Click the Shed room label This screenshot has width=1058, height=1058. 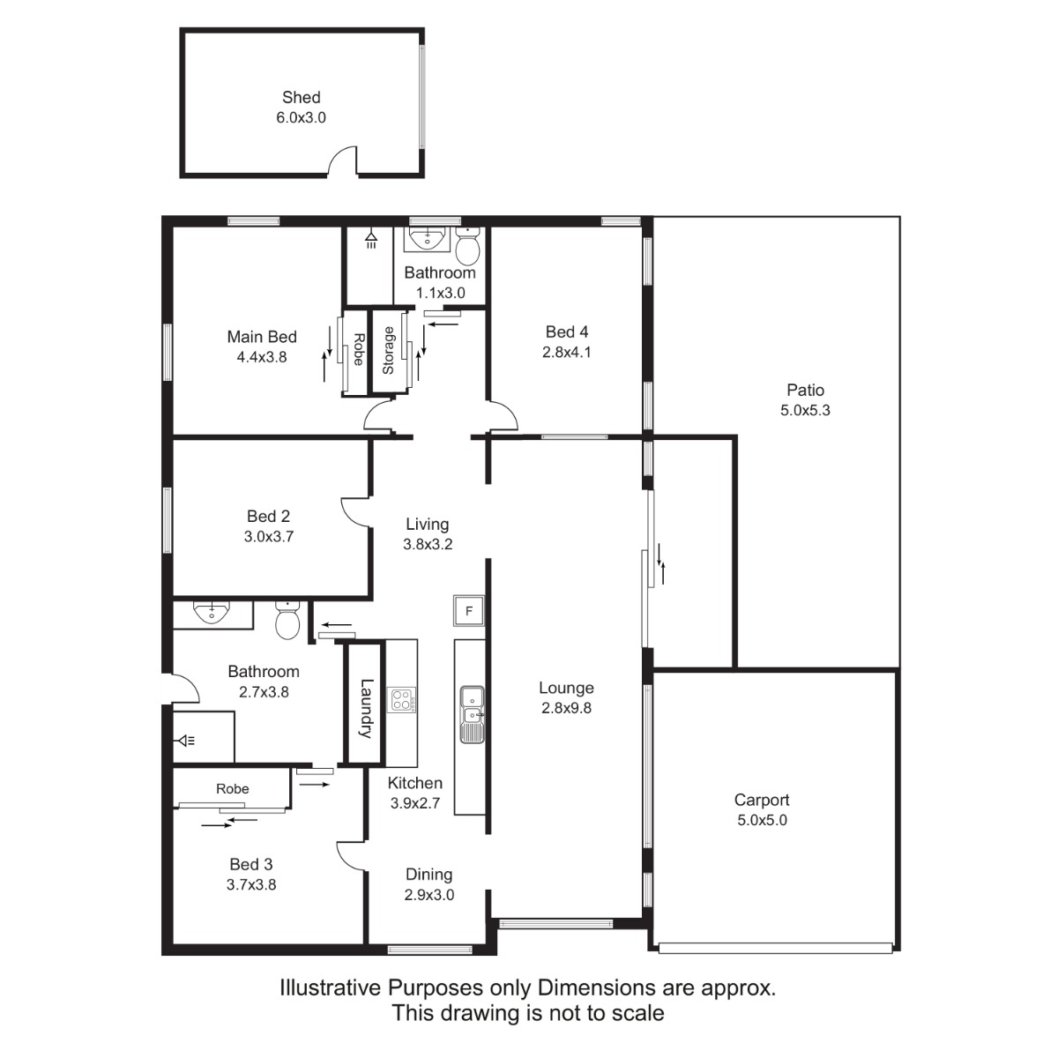tap(301, 97)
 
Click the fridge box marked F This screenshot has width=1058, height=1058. tap(468, 610)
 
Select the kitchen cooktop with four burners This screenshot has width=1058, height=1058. tap(401, 700)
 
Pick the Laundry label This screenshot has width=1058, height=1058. tap(366, 708)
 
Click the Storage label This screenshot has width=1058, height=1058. tap(388, 350)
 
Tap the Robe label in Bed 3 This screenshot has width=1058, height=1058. tap(232, 789)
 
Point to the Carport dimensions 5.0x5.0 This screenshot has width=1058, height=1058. tap(762, 820)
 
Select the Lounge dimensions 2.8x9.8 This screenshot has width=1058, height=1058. tap(566, 708)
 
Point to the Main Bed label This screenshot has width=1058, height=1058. tap(262, 337)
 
